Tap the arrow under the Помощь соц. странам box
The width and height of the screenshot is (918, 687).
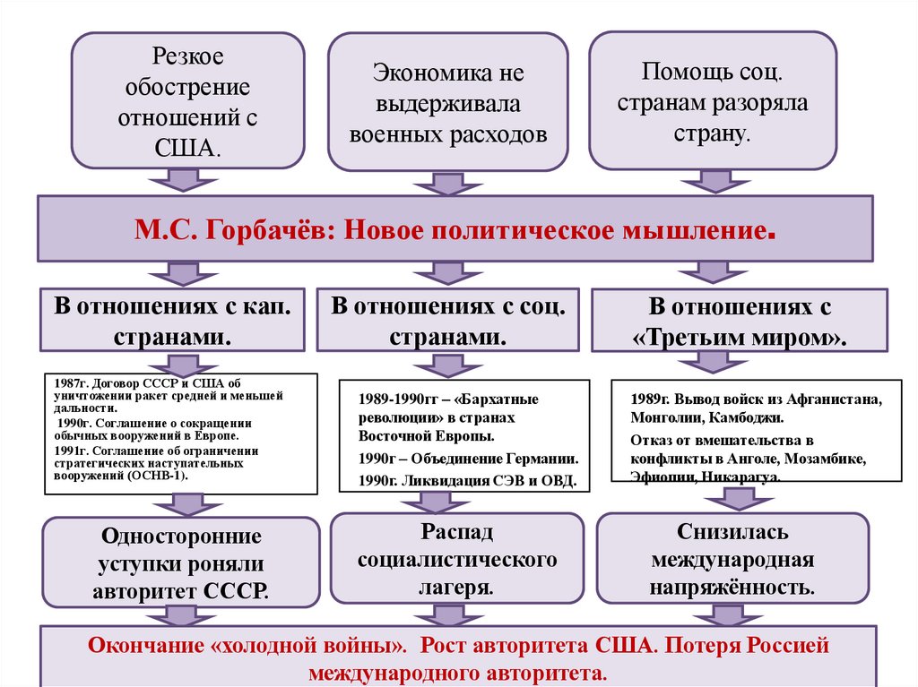[x=713, y=181]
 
